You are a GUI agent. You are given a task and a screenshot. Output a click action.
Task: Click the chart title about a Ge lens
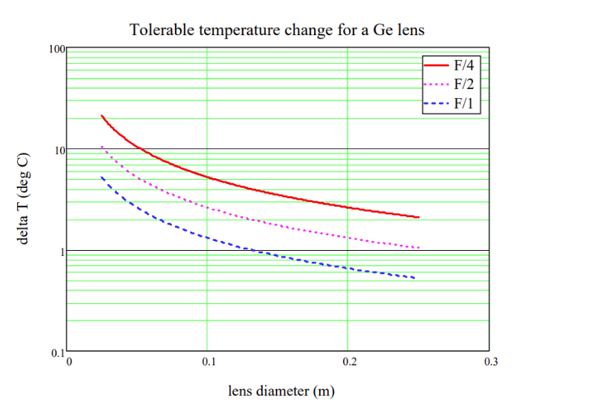[x=278, y=30]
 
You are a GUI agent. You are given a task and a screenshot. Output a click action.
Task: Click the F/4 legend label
[x=463, y=65]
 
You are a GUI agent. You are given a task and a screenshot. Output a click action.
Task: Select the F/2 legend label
[x=463, y=84]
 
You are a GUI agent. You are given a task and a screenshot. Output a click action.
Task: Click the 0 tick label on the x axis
[x=70, y=362]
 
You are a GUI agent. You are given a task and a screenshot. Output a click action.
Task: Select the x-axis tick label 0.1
[x=209, y=362]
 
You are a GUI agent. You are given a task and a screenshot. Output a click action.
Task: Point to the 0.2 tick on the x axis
[x=348, y=362]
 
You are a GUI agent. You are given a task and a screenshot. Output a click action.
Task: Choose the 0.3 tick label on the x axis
[x=489, y=362]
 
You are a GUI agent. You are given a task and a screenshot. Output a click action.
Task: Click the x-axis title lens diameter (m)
[x=277, y=391]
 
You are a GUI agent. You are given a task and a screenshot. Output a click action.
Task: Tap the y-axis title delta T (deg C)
[x=24, y=201]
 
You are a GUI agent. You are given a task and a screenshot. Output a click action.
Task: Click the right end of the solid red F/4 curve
[x=419, y=217]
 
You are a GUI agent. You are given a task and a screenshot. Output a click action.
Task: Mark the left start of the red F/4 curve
[x=101, y=116]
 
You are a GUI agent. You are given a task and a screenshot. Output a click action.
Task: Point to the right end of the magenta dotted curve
[x=419, y=248]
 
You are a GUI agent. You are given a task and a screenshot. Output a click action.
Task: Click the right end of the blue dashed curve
[x=414, y=278]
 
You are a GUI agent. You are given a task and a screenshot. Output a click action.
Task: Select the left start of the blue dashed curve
[x=101, y=177]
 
